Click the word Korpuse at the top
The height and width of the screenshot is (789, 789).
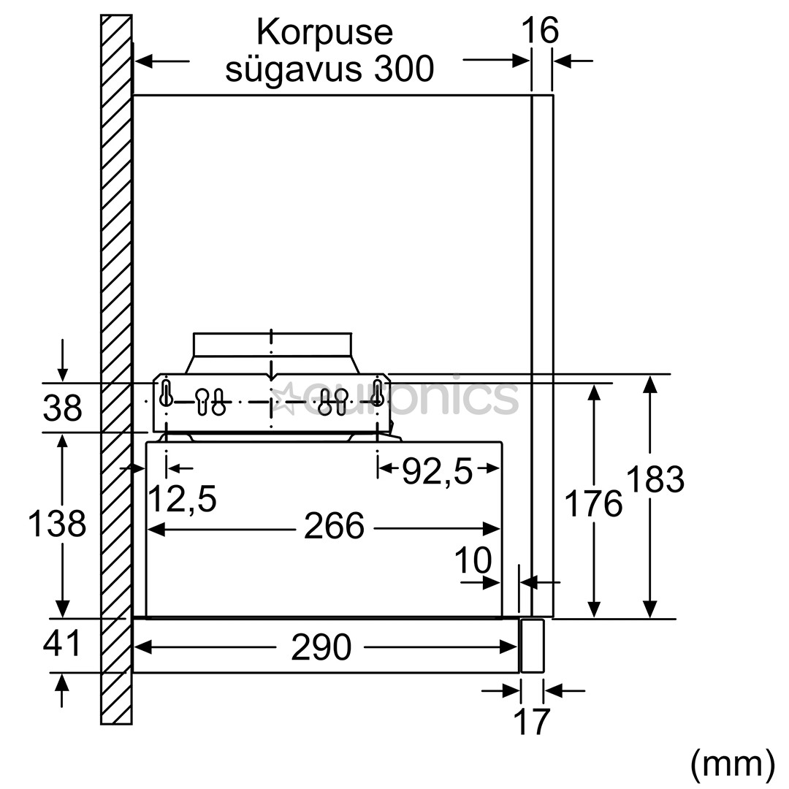click(324, 33)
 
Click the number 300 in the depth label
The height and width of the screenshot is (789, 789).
click(401, 69)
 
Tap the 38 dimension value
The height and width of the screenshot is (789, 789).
click(62, 408)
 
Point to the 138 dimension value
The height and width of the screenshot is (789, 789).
click(57, 524)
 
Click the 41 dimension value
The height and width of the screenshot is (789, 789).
click(62, 644)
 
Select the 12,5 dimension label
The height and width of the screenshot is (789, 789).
click(182, 500)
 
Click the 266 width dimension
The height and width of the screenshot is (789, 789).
click(334, 526)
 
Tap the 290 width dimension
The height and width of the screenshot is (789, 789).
click(321, 647)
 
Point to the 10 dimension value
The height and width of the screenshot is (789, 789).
click(473, 561)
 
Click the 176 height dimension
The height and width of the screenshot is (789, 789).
click(594, 504)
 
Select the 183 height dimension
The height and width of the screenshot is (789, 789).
click(655, 480)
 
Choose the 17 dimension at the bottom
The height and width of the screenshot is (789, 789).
click(531, 722)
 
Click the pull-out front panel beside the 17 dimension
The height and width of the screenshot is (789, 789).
click(531, 645)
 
